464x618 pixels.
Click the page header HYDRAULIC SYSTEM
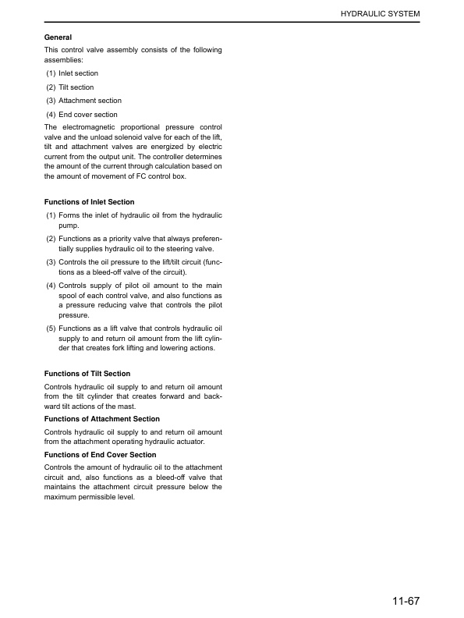coord(380,14)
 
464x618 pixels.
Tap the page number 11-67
coord(406,601)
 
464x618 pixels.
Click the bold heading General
coord(58,37)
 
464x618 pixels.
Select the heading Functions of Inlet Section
coord(89,202)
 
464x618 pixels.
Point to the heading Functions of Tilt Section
coord(87,374)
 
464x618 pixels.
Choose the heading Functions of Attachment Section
coord(101,419)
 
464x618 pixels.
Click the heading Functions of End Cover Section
coord(100,455)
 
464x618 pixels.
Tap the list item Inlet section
coord(78,73)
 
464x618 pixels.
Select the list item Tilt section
coord(76,87)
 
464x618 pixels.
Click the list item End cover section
coord(88,115)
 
